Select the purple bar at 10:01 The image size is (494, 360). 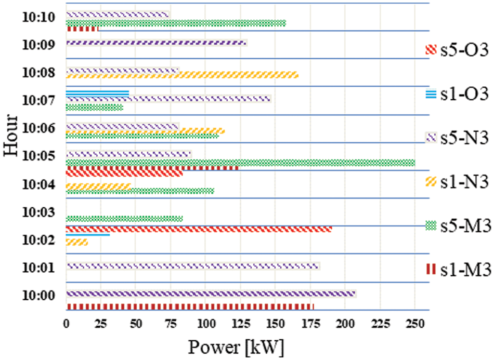(193, 266)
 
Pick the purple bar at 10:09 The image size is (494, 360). (156, 43)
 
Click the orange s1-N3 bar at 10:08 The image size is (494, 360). (182, 76)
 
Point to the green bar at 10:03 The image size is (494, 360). (124, 219)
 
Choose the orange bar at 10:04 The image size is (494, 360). (98, 186)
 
